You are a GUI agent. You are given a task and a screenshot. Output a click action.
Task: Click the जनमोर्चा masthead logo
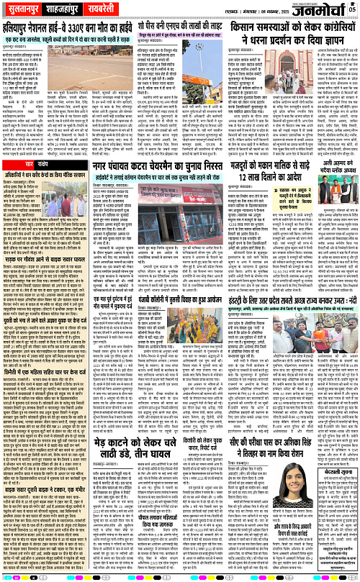coord(318,9)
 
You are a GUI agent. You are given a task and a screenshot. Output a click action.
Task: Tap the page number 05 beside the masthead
coord(353,8)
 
